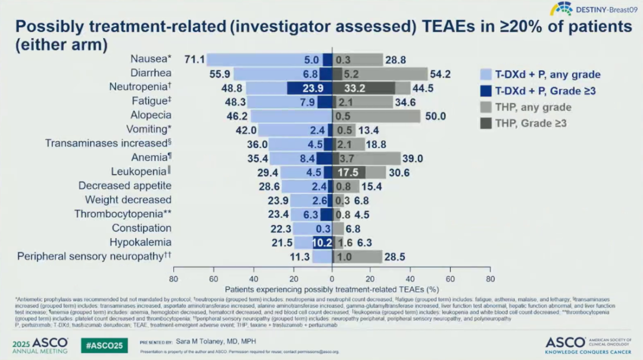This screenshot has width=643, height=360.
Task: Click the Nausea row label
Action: [151, 59]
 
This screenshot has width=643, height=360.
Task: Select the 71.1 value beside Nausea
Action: [195, 60]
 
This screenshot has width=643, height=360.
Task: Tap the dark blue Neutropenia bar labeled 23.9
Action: [309, 87]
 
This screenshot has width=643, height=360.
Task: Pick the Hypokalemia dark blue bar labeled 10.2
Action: [321, 243]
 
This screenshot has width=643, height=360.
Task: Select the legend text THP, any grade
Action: [534, 108]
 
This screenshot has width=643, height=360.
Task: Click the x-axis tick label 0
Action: [332, 278]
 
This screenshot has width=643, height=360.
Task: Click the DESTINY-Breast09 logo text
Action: [603, 9]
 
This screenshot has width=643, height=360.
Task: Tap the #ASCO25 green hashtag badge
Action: [104, 345]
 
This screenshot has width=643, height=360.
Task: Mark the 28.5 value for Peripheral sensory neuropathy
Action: [395, 256]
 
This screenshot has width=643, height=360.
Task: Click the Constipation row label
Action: [142, 228]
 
